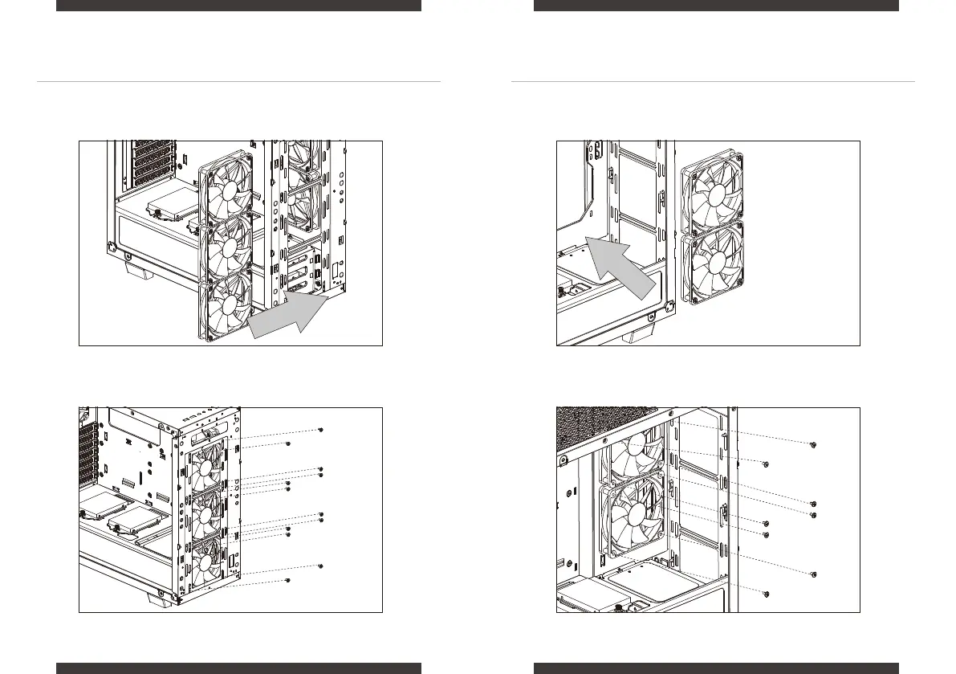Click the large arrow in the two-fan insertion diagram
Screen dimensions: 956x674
point(623,266)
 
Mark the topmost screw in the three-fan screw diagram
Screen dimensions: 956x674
point(321,431)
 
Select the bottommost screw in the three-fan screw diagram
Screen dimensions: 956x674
point(288,580)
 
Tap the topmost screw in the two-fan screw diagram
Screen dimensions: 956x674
point(814,444)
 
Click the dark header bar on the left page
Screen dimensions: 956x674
point(238,6)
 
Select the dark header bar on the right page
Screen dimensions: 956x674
point(716,6)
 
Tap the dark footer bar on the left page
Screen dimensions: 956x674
point(238,668)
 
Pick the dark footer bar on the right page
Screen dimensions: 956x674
point(716,668)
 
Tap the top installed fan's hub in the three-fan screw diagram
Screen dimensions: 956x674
point(211,466)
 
